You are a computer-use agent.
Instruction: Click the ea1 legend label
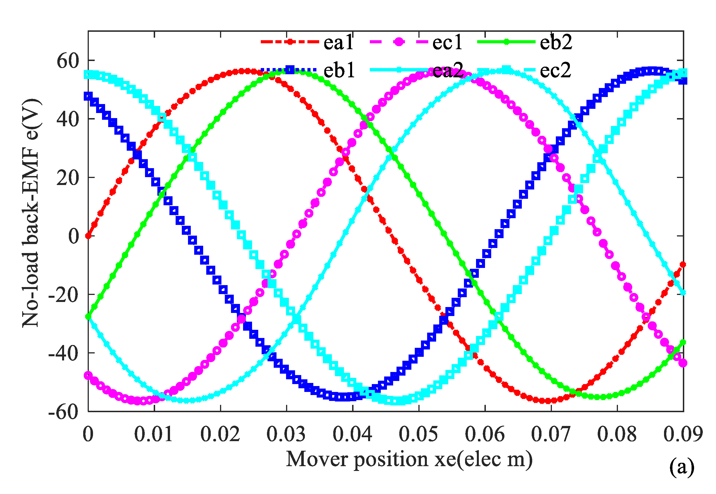click(338, 42)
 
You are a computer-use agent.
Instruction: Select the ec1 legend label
click(447, 42)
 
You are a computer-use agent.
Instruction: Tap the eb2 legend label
click(556, 42)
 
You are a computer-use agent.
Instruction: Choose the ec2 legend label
click(555, 70)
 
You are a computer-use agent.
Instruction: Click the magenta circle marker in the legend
click(399, 42)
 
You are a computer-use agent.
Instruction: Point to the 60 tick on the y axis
click(68, 61)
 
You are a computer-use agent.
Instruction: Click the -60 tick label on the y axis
click(64, 412)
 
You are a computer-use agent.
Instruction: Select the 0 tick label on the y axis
click(74, 236)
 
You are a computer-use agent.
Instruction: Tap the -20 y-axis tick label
click(64, 295)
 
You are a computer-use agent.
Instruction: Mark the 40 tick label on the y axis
click(68, 119)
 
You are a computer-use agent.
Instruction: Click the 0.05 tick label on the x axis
click(418, 434)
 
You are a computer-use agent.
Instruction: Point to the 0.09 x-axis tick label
click(683, 434)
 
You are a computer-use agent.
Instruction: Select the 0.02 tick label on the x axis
click(220, 434)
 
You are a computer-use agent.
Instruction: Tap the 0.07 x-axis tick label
click(551, 434)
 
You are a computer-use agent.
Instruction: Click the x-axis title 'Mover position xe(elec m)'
click(409, 460)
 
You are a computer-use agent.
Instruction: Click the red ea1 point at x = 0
click(89, 236)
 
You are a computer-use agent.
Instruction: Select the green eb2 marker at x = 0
click(89, 317)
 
